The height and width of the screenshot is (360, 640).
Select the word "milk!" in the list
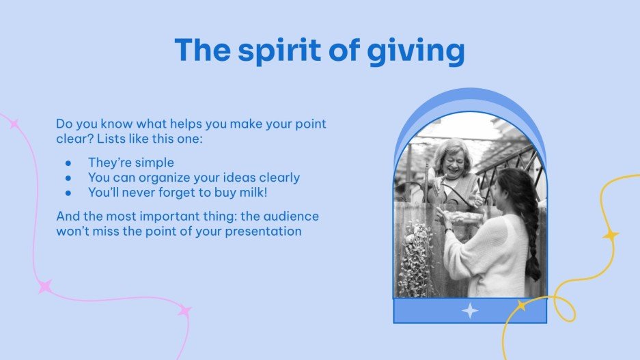coord(253,193)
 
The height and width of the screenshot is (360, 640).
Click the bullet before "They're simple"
coord(68,163)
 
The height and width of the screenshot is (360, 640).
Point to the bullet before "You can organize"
coord(68,178)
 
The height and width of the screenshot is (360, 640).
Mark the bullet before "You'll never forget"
coord(68,193)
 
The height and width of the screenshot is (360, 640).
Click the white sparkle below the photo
coord(470,311)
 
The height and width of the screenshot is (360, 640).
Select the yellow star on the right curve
coord(611,235)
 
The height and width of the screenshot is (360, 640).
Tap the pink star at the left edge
coord(13,124)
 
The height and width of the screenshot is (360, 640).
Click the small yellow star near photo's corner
coord(521,306)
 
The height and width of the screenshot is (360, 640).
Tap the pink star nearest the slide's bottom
coord(184,311)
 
